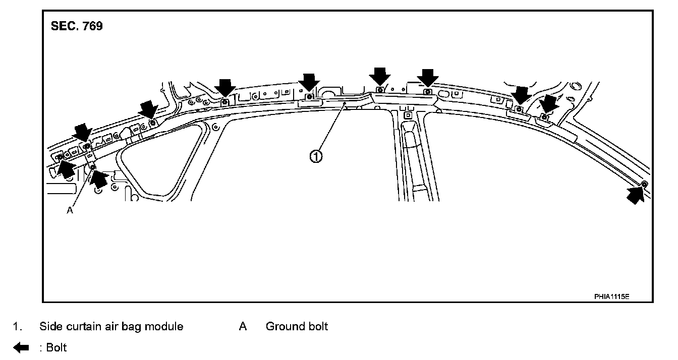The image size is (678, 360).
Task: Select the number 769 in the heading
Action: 91,27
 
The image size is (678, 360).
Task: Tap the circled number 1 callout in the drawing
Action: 315,157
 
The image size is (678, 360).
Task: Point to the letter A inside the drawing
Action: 70,211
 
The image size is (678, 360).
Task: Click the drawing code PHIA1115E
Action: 611,296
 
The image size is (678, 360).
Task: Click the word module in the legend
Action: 166,327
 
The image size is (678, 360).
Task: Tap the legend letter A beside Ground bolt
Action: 243,327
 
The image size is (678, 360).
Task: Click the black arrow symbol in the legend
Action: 21,347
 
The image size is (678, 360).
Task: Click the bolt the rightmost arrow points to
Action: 644,184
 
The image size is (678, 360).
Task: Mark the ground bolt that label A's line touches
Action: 93,167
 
